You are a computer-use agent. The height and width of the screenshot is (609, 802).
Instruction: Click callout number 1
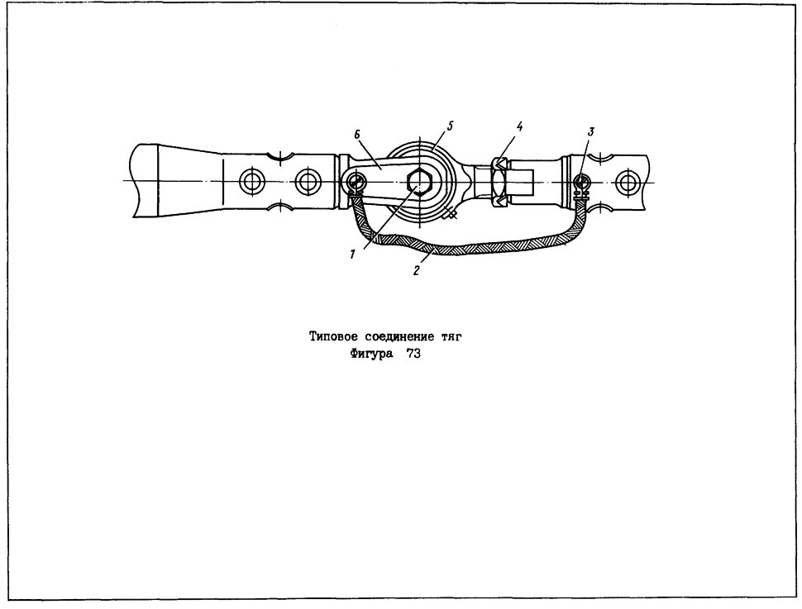click(352, 255)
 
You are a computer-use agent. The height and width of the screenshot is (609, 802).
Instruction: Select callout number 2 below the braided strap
click(417, 271)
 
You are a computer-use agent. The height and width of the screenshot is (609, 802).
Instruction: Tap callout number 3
click(591, 131)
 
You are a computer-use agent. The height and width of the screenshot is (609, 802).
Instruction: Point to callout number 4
click(519, 126)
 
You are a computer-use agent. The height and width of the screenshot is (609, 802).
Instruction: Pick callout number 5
click(449, 126)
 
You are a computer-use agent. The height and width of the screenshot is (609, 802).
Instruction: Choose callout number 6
click(357, 134)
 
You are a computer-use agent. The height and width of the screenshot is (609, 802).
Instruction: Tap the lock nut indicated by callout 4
click(499, 183)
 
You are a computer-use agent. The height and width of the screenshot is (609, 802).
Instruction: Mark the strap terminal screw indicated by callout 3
click(581, 182)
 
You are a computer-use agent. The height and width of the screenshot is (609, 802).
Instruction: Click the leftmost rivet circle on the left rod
click(251, 182)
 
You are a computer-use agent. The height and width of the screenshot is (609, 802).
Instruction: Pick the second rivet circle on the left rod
click(307, 182)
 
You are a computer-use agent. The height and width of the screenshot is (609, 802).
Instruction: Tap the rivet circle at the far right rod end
click(626, 182)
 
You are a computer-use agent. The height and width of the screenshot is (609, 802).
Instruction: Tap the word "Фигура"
click(372, 354)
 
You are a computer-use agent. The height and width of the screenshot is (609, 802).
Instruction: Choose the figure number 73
click(413, 354)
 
